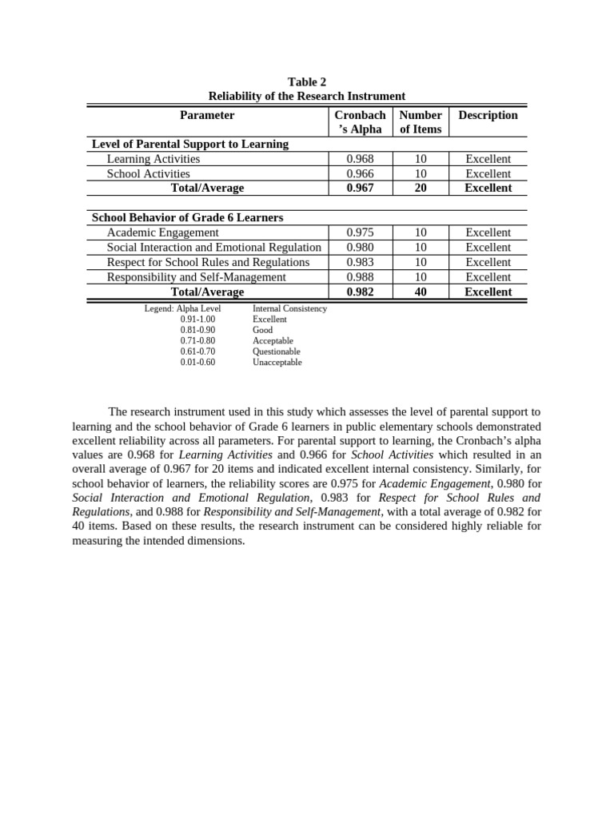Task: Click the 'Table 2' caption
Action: (307, 81)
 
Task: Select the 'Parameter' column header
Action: (207, 115)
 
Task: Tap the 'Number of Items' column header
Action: (421, 122)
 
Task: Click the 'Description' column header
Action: (488, 115)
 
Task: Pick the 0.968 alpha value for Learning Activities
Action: (360, 159)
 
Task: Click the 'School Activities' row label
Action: (149, 173)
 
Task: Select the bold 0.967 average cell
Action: (360, 188)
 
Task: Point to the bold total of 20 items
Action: (421, 188)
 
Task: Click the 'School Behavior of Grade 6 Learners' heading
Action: (187, 217)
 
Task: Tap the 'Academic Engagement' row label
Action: (162, 232)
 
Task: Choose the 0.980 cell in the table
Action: (360, 248)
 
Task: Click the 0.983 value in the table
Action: (360, 262)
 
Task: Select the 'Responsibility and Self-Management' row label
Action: (196, 277)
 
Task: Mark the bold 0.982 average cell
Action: (360, 292)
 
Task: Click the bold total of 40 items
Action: (421, 292)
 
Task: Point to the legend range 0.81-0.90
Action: (197, 330)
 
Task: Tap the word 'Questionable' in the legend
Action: (277, 351)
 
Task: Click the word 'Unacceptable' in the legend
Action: (277, 363)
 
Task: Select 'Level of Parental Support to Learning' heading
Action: (190, 144)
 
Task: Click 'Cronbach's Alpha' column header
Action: (360, 122)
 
